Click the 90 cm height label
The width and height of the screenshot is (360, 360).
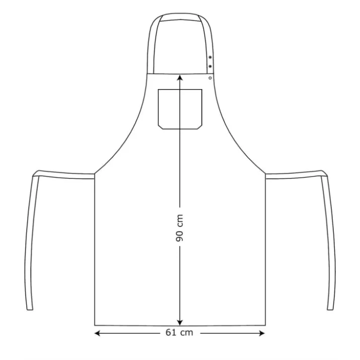[x=180, y=228]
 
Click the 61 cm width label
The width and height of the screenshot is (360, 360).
[x=179, y=332]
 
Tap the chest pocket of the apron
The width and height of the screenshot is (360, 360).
[x=180, y=109]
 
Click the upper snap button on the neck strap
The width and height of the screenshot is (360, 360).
[x=210, y=57]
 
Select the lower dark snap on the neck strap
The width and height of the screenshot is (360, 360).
[x=210, y=66]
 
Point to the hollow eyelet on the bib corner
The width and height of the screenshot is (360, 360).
[x=210, y=78]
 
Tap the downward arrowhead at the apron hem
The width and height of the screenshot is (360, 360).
[x=180, y=322]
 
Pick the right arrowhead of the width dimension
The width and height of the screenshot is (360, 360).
[x=262, y=333]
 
